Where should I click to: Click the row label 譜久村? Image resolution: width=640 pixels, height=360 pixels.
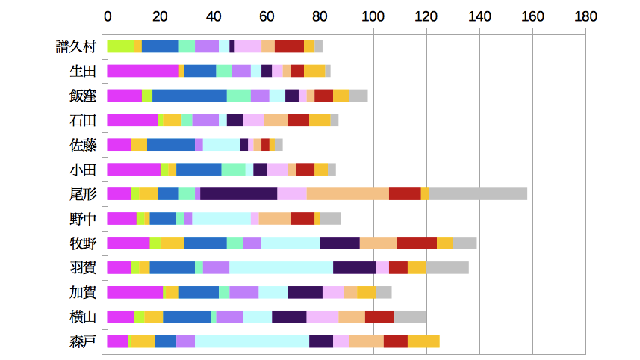[x=76, y=46]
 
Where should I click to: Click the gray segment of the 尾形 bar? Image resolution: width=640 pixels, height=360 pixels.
[x=478, y=194]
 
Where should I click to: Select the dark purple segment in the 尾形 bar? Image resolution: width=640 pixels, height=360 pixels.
[x=239, y=194]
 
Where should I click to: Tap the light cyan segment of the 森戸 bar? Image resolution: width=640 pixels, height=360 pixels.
[x=252, y=341]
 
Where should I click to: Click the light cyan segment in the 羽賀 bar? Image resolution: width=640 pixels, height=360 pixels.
[x=281, y=267]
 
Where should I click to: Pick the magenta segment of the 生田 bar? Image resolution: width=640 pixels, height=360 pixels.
[x=143, y=71]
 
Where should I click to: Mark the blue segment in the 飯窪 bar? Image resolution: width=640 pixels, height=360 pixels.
[x=190, y=96]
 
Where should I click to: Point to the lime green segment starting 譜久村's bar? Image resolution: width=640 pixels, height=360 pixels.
[x=120, y=46]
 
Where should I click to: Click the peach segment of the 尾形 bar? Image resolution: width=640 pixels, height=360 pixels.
[x=347, y=194]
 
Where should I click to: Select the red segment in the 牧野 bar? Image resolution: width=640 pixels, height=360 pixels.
[x=417, y=243]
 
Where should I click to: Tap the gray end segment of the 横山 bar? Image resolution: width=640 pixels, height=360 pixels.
[x=410, y=317]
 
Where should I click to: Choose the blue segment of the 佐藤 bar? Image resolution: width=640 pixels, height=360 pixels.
[x=171, y=145]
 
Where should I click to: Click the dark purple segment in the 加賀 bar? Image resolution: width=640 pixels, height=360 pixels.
[x=305, y=292]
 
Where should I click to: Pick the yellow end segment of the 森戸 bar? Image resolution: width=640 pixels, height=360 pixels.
[x=423, y=341]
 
